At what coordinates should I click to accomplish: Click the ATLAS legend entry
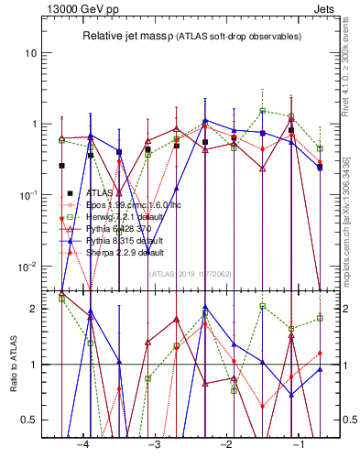click(x=100, y=193)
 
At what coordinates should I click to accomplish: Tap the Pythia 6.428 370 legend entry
click(x=115, y=229)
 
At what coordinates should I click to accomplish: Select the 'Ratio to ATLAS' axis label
click(x=13, y=363)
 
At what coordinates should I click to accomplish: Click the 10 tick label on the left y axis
click(x=31, y=52)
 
